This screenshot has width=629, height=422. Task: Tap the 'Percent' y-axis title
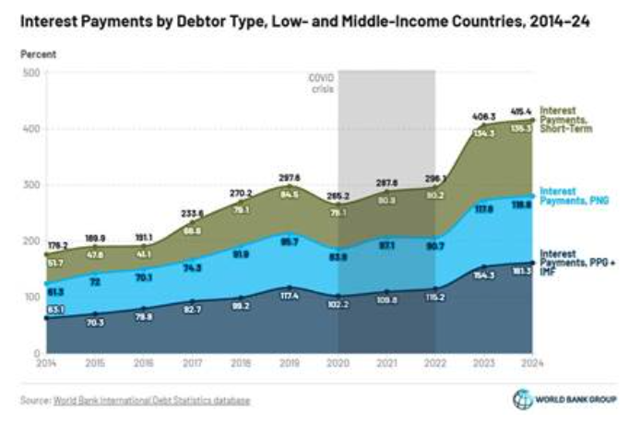pyautogui.click(x=38, y=55)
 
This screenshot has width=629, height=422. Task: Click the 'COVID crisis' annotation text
pyautogui.click(x=320, y=85)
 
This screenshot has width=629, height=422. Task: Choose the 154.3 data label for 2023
pyautogui.click(x=484, y=275)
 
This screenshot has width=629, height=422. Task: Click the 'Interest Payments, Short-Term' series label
pyautogui.click(x=565, y=120)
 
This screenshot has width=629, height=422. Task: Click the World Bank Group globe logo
pyautogui.click(x=522, y=399)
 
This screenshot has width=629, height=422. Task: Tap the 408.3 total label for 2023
pyautogui.click(x=484, y=118)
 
